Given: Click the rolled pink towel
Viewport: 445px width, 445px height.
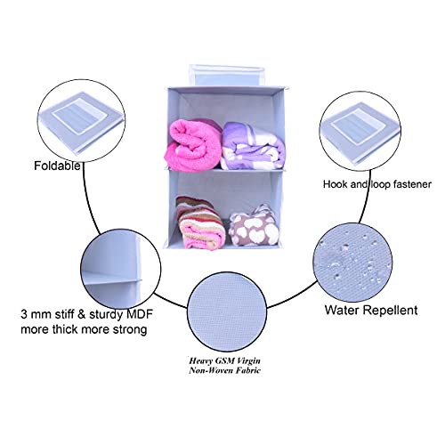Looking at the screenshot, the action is pos(193,145).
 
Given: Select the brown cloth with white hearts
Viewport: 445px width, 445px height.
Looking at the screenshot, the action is pos(254,225).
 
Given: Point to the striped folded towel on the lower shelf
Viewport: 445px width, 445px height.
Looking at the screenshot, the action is pos(199,222).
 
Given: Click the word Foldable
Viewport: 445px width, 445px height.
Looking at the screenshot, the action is pos(57,166).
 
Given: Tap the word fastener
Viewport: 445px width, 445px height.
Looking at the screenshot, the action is pos(412,184).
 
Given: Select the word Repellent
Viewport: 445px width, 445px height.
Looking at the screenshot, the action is pos(390,311).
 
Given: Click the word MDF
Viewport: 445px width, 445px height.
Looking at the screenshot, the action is pos(140,314).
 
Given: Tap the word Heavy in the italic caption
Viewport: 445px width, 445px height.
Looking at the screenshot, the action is pos(200,361).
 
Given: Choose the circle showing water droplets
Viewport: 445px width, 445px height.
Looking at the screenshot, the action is pos(353,263).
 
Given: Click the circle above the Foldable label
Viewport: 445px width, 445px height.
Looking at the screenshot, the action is pos(81,121).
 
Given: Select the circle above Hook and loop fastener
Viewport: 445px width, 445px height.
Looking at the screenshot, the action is pos(360,131).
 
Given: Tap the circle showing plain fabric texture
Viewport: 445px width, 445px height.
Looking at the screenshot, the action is pos(227,312).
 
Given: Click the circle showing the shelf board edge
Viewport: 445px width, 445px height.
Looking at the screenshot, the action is pos(121,269).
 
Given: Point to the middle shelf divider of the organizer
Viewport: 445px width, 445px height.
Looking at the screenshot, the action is pos(224,170).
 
